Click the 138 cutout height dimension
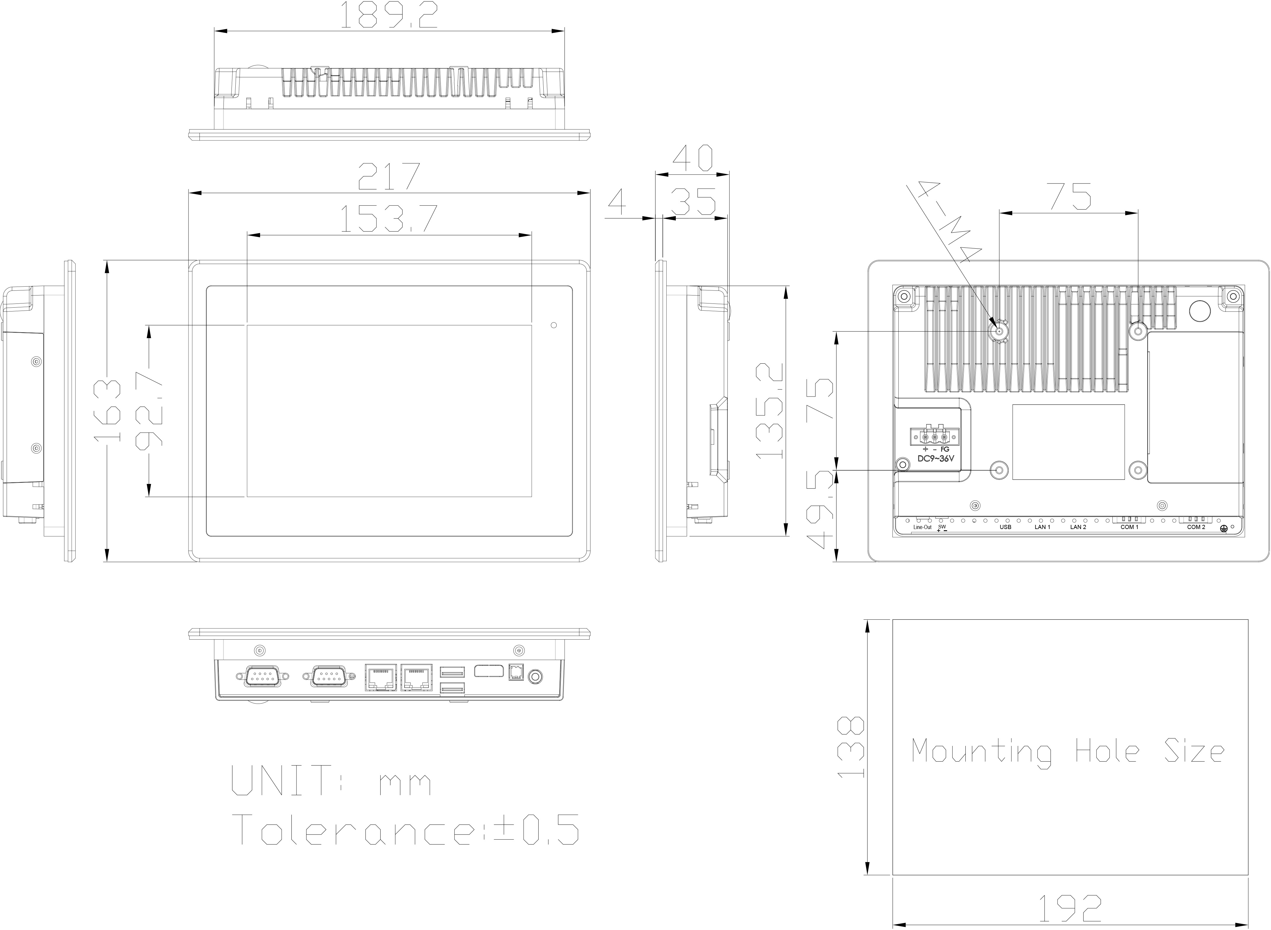tap(850, 747)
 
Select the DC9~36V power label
tap(936, 459)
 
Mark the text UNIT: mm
tap(331, 781)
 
